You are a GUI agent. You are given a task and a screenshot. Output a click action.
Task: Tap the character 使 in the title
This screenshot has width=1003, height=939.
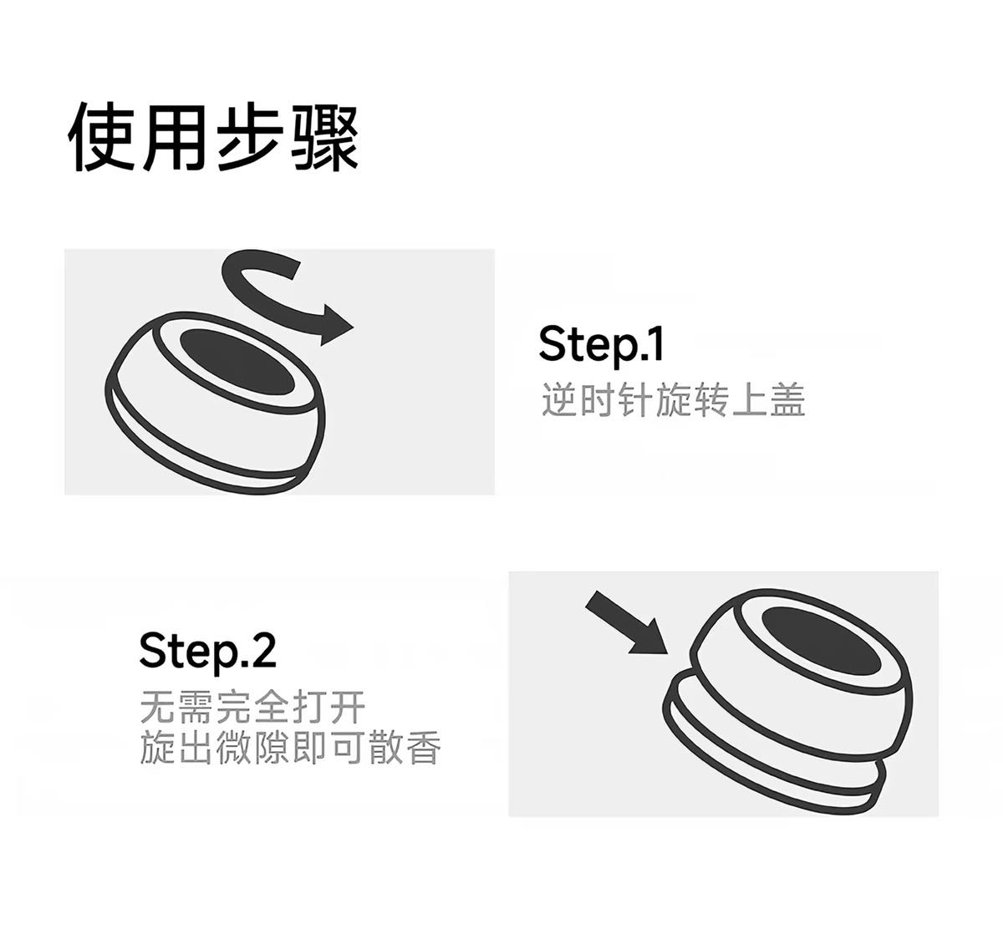[101, 138]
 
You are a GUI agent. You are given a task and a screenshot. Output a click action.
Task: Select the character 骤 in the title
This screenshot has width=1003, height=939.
[325, 138]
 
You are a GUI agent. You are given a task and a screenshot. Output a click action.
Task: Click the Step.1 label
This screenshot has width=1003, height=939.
[600, 344]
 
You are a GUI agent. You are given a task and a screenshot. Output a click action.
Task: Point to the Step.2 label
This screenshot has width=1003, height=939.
[207, 652]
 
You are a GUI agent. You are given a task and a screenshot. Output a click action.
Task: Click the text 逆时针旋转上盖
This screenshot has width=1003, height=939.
[673, 400]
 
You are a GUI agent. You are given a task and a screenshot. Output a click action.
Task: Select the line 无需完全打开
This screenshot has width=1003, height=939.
[252, 708]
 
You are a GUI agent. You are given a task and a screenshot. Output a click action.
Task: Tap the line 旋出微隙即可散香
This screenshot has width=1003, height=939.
[290, 747]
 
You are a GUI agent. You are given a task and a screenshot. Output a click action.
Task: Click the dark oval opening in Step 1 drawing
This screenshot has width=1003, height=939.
[237, 362]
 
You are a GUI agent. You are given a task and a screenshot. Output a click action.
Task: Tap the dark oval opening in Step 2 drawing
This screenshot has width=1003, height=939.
[821, 640]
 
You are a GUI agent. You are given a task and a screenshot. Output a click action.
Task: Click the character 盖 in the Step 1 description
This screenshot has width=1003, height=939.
[788, 400]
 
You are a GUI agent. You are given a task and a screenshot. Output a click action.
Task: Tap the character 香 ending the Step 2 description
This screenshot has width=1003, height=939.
[424, 747]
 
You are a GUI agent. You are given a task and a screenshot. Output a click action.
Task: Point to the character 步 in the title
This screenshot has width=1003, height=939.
[250, 138]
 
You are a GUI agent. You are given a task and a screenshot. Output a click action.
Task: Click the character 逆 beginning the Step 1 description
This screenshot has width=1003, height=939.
[559, 400]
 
